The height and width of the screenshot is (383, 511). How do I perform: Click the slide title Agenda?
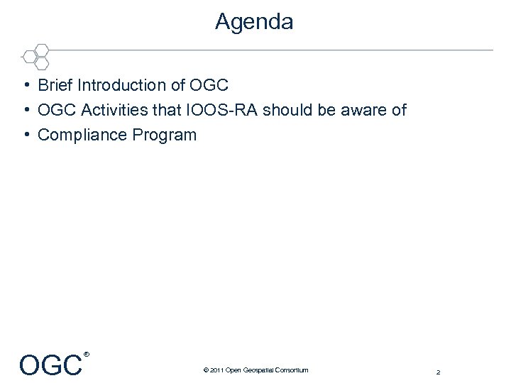pyautogui.click(x=254, y=22)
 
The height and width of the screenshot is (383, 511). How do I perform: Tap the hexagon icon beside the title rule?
pyautogui.click(x=35, y=55)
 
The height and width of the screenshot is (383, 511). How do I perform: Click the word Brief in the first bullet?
pyautogui.click(x=55, y=86)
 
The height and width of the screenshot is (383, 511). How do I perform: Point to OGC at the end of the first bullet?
pyautogui.click(x=209, y=86)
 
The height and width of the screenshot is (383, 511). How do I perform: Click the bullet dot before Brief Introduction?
pyautogui.click(x=25, y=86)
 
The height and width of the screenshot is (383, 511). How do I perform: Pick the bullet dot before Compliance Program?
pyautogui.click(x=25, y=135)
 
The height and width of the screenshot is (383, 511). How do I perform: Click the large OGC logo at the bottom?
pyautogui.click(x=50, y=365)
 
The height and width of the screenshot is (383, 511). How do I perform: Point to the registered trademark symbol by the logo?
pyautogui.click(x=87, y=354)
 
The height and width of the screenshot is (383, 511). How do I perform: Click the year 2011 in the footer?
pyautogui.click(x=216, y=370)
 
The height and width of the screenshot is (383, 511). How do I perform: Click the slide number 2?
pyautogui.click(x=439, y=372)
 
